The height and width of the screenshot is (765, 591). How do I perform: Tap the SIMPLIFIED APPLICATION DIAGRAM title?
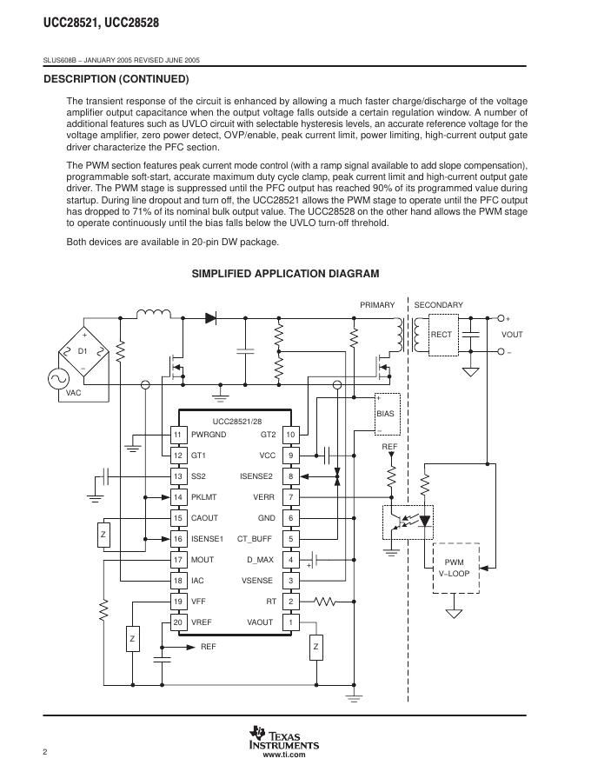(x=285, y=274)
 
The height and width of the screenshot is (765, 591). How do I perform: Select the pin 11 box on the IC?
(x=177, y=435)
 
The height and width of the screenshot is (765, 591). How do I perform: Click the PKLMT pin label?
(x=204, y=497)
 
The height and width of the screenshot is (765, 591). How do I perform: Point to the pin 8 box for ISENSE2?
(x=291, y=476)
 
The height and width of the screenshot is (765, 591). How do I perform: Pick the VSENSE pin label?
(x=258, y=581)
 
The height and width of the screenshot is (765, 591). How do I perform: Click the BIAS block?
(x=385, y=414)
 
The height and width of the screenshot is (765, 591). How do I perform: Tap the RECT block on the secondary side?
(x=442, y=335)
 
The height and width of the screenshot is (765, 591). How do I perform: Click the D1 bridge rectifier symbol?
(x=83, y=352)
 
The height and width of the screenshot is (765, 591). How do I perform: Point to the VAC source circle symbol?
(x=63, y=378)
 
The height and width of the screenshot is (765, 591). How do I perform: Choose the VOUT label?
(x=513, y=335)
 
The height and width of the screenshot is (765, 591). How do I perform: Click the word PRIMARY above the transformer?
(x=377, y=305)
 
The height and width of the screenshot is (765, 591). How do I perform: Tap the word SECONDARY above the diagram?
(x=438, y=305)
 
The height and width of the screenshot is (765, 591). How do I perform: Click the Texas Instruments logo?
(x=283, y=737)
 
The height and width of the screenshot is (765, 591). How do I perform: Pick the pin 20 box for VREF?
(x=177, y=622)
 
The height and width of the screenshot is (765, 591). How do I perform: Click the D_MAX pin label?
(x=260, y=560)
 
